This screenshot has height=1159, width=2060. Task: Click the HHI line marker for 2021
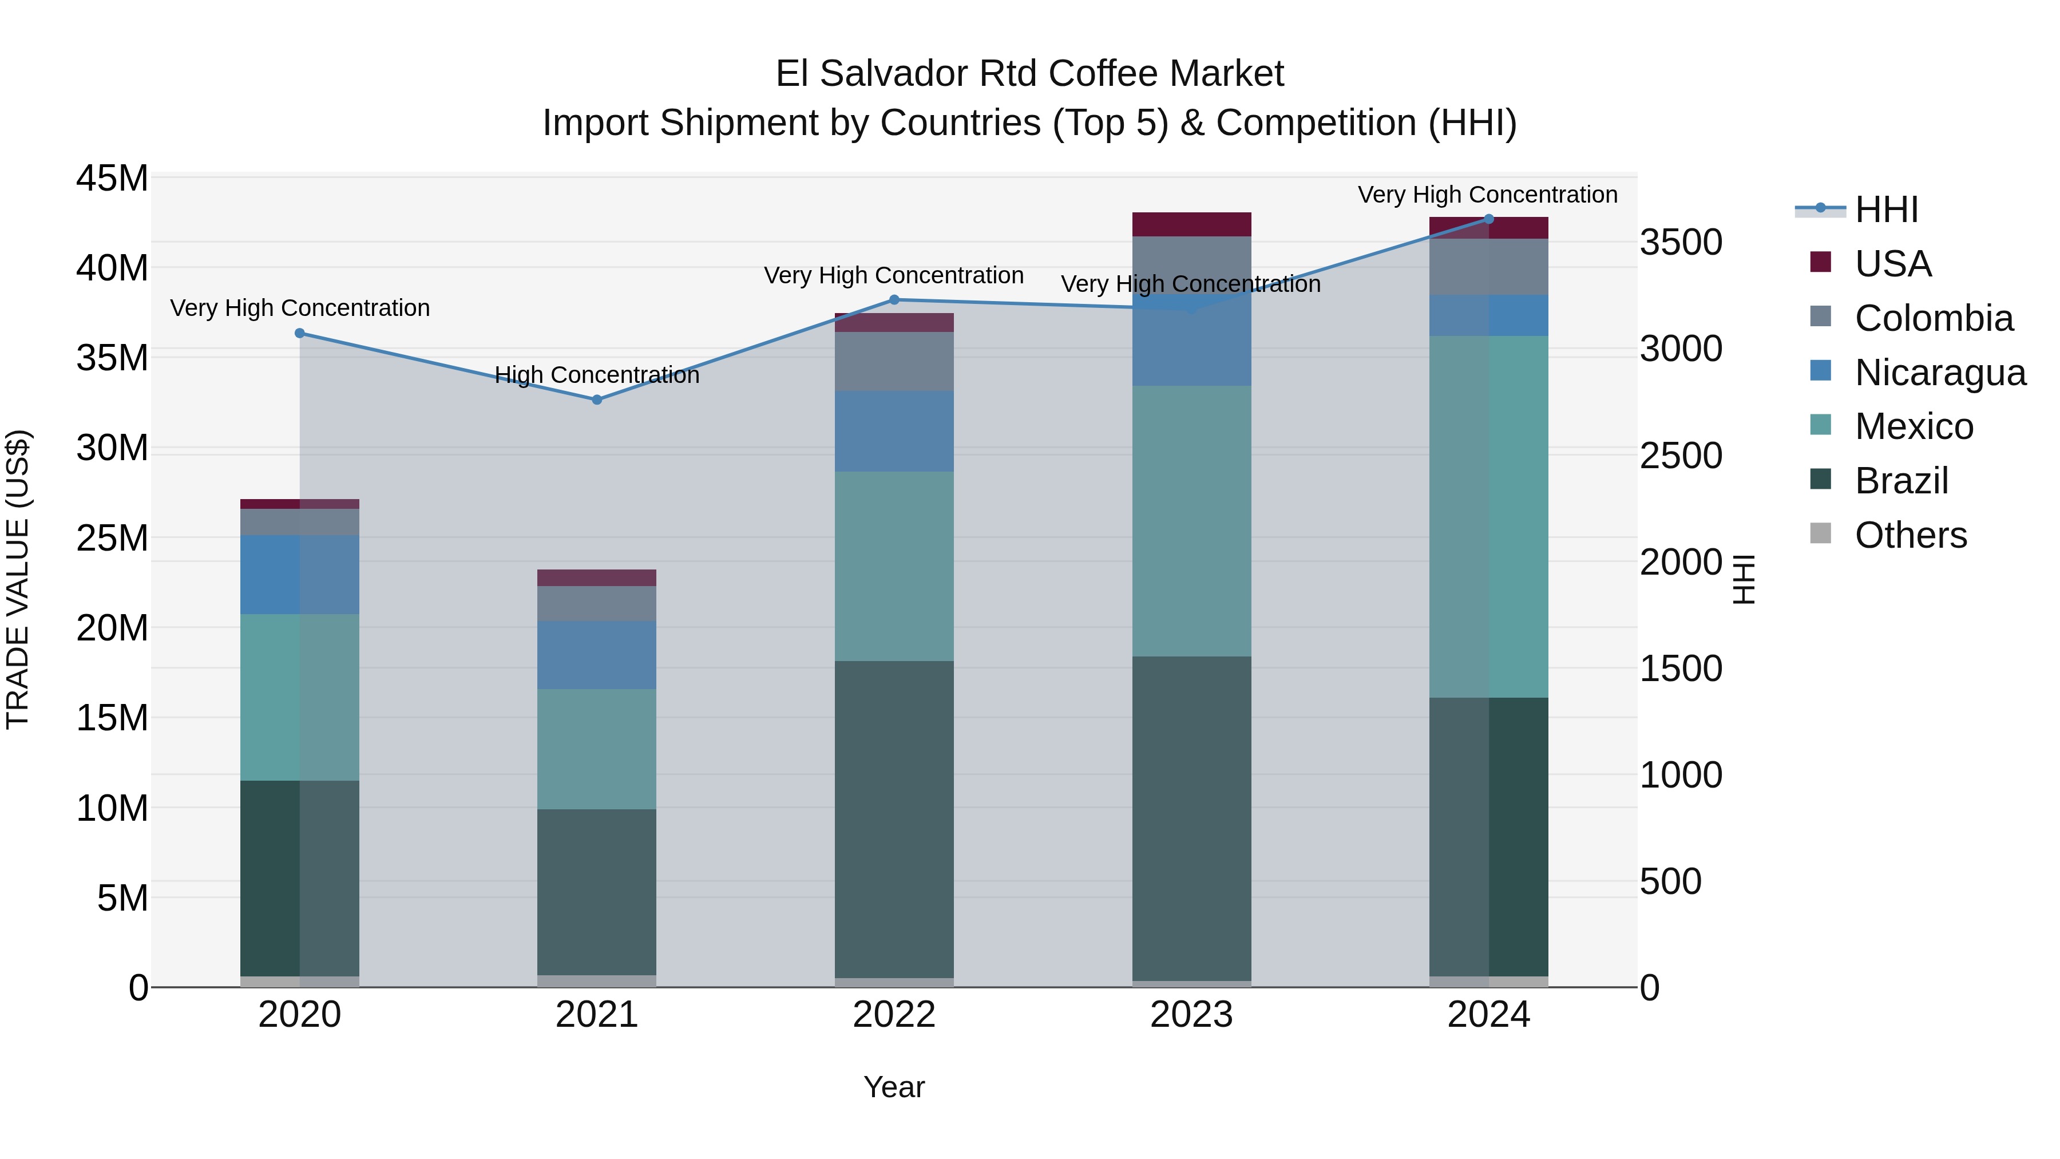597,399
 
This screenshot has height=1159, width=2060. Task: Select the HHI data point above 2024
1488,219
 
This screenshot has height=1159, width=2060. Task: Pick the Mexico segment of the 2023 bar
1191,521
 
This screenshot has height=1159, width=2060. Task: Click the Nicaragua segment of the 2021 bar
597,654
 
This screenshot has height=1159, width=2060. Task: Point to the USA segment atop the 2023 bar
1191,224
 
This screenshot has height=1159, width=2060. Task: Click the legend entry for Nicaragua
1939,373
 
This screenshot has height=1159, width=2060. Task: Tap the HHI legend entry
1885,209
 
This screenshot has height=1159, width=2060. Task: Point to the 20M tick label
112,628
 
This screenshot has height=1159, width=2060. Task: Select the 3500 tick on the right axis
1681,242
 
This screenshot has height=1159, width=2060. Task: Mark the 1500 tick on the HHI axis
1681,668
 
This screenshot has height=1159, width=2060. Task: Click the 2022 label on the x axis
894,1015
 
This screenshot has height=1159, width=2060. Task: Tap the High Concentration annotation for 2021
597,374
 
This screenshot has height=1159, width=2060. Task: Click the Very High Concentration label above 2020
300,308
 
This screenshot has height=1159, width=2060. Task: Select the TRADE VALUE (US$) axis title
18,579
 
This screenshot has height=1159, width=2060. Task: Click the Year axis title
894,1087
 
